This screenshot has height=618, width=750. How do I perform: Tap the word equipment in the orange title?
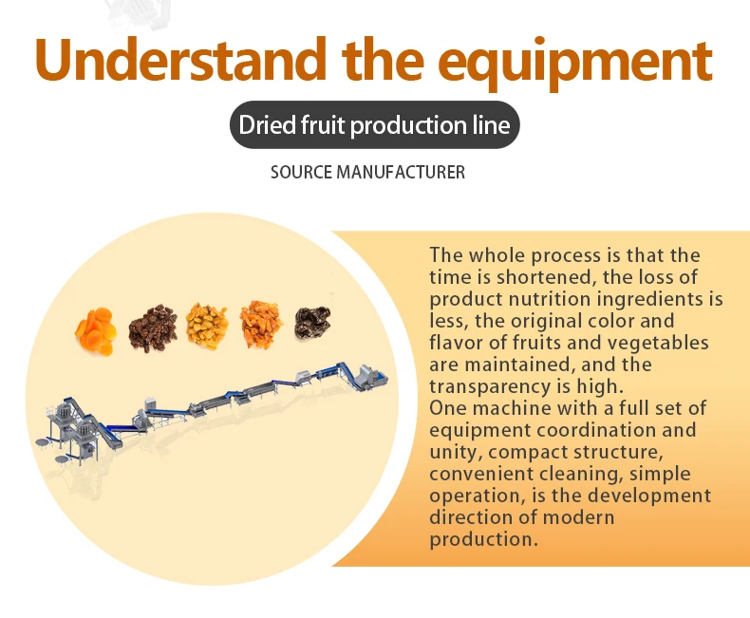coord(575,65)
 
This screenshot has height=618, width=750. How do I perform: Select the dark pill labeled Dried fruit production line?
coord(374,125)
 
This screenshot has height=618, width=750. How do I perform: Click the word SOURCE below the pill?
coord(301,172)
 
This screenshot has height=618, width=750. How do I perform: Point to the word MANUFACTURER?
coord(401,172)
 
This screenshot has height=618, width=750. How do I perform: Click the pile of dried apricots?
coord(96,331)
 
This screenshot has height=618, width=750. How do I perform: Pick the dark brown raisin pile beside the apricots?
coord(153,328)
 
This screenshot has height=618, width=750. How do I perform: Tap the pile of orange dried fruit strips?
coord(261,325)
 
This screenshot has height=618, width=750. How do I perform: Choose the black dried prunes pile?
coord(313,323)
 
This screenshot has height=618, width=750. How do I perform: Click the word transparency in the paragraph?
coord(497,386)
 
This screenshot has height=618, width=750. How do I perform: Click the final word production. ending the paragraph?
coord(483,540)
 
